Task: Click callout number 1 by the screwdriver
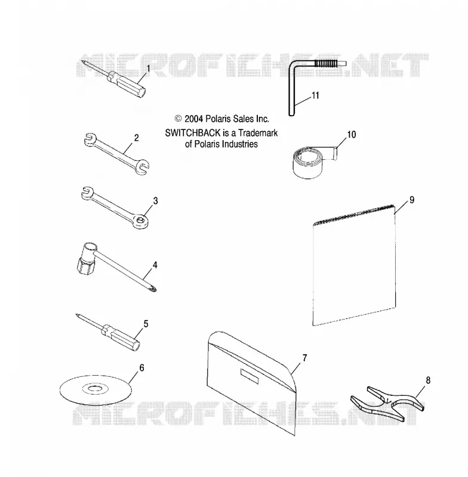148,69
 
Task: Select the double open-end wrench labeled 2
116,154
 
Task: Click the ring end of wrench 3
141,222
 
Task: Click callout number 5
146,324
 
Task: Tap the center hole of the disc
96,389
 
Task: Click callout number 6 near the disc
141,368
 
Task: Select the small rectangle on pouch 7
250,376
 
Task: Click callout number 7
304,358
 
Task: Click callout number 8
428,380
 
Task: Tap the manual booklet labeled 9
355,265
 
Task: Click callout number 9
412,200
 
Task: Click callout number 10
352,135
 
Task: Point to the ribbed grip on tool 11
326,64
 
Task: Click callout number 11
315,95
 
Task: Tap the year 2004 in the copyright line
193,119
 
